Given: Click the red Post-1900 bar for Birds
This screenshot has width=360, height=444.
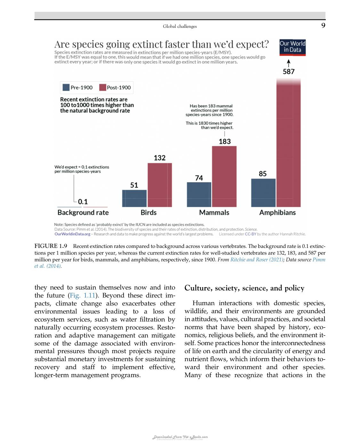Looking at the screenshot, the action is (x=160, y=185).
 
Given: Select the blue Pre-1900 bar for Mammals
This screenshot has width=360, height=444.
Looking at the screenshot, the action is (x=199, y=194).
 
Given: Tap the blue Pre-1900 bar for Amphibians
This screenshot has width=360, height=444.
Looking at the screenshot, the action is (x=263, y=193).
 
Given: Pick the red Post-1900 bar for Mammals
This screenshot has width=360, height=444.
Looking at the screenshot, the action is (x=224, y=177).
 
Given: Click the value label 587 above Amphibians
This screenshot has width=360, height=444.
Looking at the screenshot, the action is (x=289, y=72).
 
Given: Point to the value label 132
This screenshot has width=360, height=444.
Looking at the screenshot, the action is (x=160, y=158).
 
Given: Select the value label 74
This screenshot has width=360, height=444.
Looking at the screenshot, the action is (x=199, y=178).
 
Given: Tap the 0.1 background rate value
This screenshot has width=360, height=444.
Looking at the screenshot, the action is (x=83, y=202).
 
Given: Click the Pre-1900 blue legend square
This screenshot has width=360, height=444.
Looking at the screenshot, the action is (x=66, y=87).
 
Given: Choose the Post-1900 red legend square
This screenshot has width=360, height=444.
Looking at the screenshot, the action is (x=102, y=87).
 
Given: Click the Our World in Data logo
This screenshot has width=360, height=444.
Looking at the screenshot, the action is (x=292, y=48).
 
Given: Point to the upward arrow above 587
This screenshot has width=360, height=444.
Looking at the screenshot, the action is (x=289, y=63).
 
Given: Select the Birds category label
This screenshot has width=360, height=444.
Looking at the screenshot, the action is (x=148, y=212).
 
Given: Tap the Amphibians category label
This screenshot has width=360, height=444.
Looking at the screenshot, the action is (x=277, y=212).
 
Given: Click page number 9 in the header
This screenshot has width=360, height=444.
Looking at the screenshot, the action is (x=323, y=26).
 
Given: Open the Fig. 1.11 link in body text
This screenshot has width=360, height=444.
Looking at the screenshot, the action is (x=83, y=295).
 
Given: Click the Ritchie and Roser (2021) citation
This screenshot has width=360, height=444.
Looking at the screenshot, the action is (x=257, y=259).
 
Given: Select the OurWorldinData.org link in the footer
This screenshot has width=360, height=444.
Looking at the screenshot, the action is (x=72, y=234).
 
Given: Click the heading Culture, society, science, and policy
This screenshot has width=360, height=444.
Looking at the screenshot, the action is (x=244, y=288).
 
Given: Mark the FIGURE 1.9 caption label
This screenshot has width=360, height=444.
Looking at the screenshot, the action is (x=51, y=246).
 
